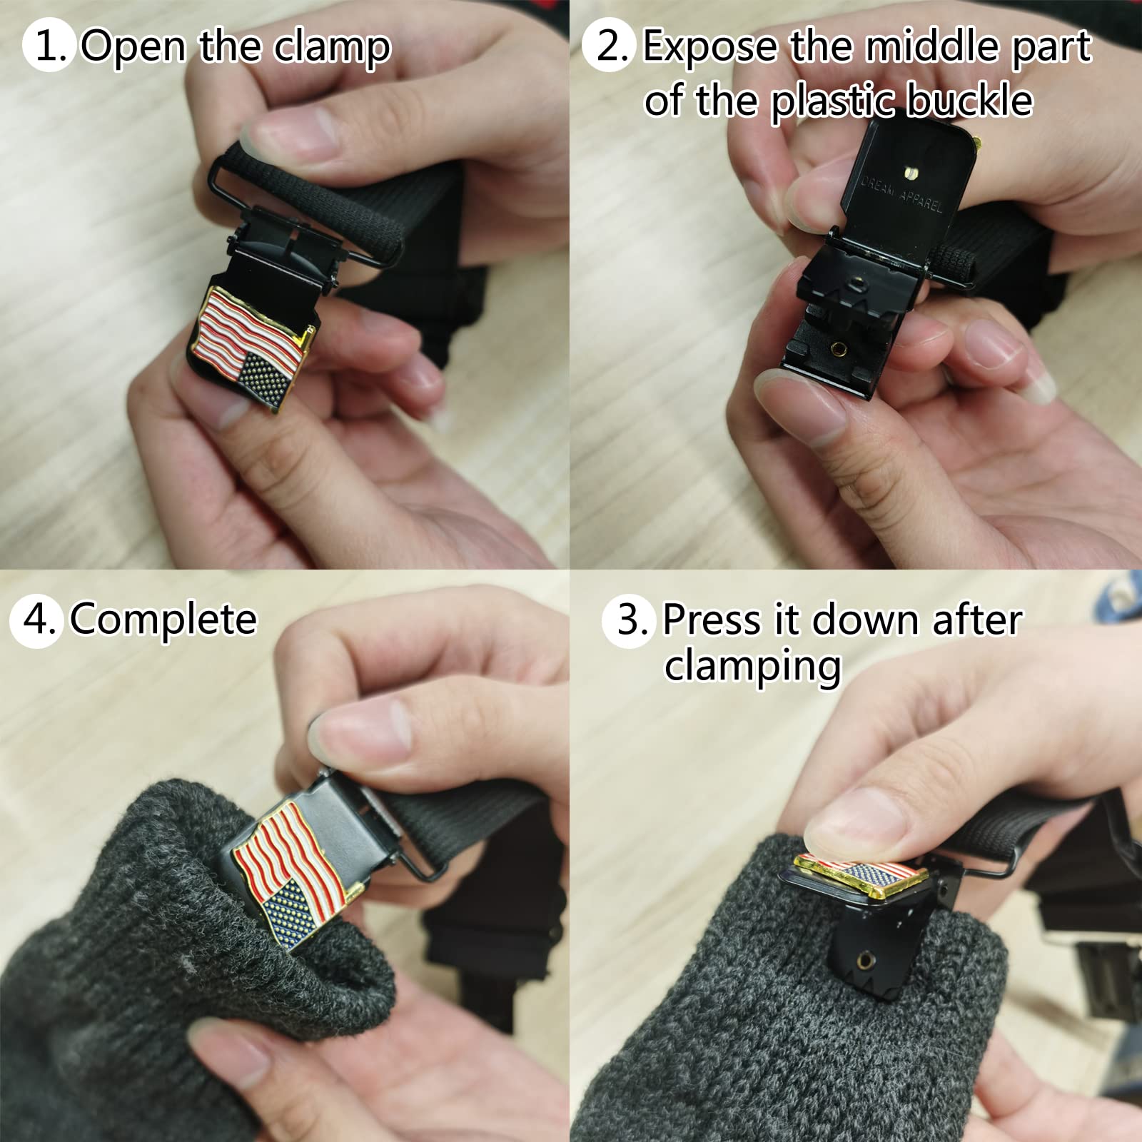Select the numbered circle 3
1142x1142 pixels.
[627, 620]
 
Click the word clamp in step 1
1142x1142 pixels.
[333, 46]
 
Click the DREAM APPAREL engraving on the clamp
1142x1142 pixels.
[901, 195]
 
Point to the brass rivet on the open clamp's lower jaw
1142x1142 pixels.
[839, 348]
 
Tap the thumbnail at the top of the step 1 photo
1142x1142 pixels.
[290, 132]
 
